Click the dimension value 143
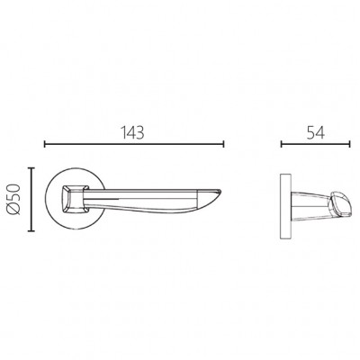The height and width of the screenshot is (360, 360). coord(132,132)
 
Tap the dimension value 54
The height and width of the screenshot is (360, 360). coord(316,132)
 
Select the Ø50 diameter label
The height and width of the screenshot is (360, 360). coord(14,200)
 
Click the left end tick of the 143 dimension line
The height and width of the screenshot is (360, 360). coord(45,144)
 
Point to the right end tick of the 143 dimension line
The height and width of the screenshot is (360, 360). coord(223,144)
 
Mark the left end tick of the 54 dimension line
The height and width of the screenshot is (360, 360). coord(282,144)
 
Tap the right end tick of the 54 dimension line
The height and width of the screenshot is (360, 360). coord(349,144)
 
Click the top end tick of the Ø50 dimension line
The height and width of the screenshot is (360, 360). coord(31,168)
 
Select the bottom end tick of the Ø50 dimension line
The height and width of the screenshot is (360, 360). coord(31,231)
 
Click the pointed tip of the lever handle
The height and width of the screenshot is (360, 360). coord(221,190)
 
